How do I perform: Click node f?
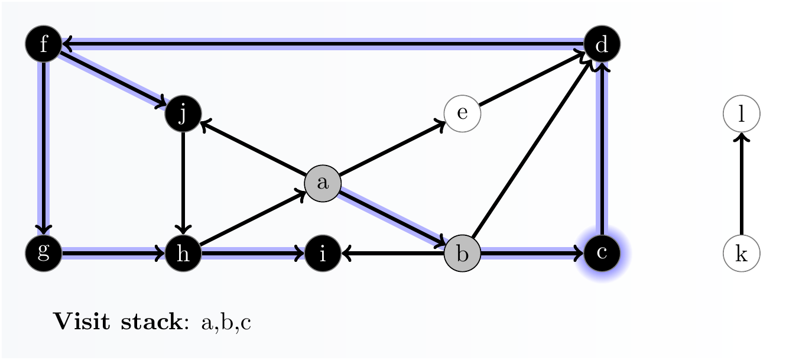tap(43, 44)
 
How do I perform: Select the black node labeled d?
tap(602, 44)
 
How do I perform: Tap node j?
tap(183, 113)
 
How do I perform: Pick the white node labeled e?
tap(462, 113)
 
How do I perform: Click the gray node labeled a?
tap(323, 183)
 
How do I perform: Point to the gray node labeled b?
tap(462, 254)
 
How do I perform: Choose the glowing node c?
tap(602, 254)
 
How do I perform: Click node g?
tap(43, 254)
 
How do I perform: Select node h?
tap(183, 254)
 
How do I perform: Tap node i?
tap(323, 254)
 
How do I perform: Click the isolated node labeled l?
tap(741, 113)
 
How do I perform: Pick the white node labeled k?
tap(741, 254)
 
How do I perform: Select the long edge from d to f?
tap(322, 43)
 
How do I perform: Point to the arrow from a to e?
tap(392, 148)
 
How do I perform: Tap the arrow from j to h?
tap(183, 183)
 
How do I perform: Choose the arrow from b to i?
tap(392, 254)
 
